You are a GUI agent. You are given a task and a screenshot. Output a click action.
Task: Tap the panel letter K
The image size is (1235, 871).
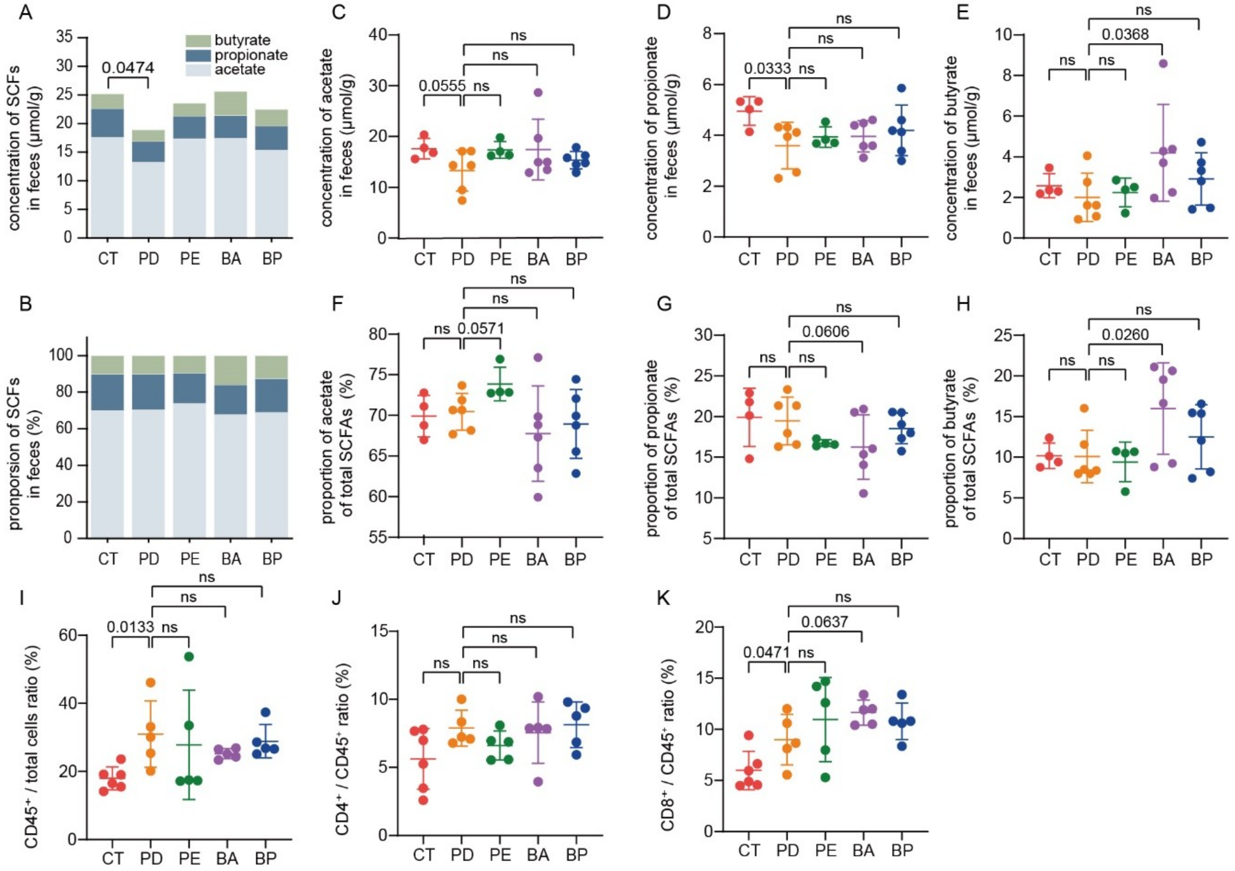[x=665, y=598]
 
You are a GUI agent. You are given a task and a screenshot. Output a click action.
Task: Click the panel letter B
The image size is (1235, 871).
[x=25, y=304]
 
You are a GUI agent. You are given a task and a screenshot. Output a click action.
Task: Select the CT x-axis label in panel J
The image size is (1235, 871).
[x=424, y=854]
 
